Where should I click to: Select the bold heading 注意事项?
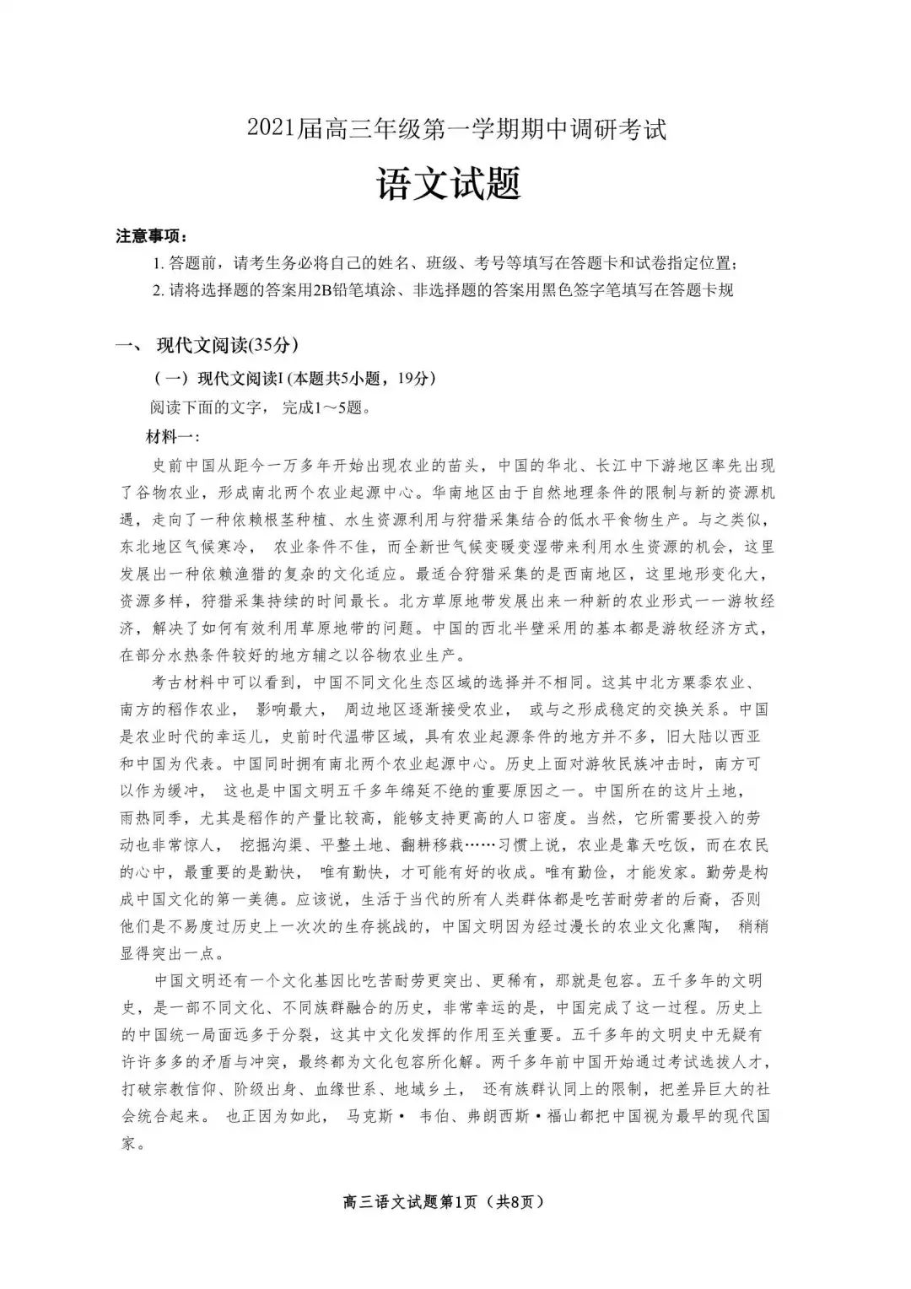(151, 236)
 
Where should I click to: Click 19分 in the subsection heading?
(412, 379)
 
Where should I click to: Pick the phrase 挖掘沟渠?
(272, 845)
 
